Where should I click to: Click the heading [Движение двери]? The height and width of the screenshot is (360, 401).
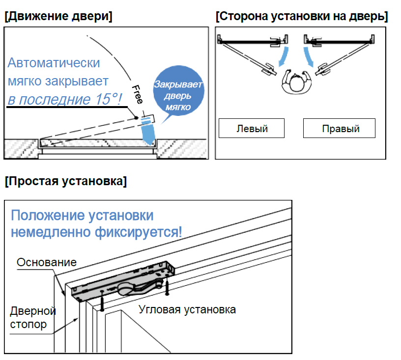[58, 16]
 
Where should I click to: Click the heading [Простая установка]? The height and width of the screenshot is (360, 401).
[65, 181]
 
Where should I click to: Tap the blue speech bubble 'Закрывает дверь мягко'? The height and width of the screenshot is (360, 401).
[177, 92]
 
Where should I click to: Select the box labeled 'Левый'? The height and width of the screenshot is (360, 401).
[252, 129]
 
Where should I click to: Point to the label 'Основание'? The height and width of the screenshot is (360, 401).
[47, 262]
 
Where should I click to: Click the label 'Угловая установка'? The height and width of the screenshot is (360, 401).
[187, 309]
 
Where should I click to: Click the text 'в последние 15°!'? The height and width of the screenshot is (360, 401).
[64, 99]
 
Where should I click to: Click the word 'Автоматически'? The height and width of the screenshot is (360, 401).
[54, 63]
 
